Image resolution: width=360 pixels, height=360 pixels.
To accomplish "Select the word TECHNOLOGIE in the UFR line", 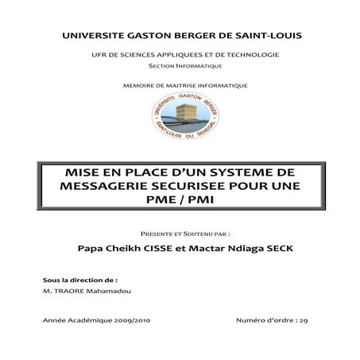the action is (250, 53).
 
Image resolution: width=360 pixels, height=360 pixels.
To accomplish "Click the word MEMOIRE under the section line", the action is (140, 85).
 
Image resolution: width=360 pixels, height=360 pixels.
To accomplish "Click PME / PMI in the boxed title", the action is (180, 200).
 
